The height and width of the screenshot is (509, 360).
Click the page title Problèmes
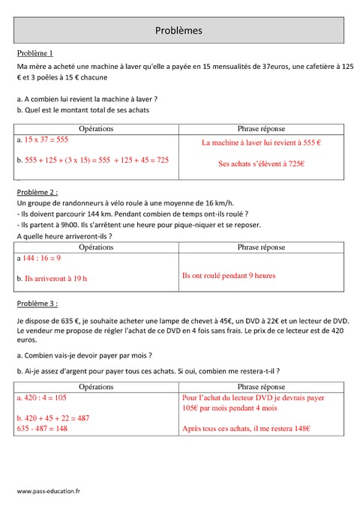coord(178,31)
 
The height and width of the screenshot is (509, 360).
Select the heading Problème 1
coord(34,53)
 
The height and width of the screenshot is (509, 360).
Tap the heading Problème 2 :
coord(36,192)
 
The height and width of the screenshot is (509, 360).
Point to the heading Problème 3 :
coord(36,304)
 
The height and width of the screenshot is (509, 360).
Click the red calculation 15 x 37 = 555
coord(46,140)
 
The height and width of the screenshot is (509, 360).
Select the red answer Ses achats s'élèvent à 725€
coord(261,163)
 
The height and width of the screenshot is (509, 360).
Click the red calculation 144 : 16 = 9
coord(43,258)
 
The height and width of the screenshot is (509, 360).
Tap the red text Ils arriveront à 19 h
coord(52,278)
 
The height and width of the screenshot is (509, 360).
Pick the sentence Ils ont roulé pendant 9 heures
coord(229,276)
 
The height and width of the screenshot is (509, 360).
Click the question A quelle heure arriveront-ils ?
coord(64,236)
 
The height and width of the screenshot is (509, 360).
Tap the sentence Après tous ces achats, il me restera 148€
coord(246,429)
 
